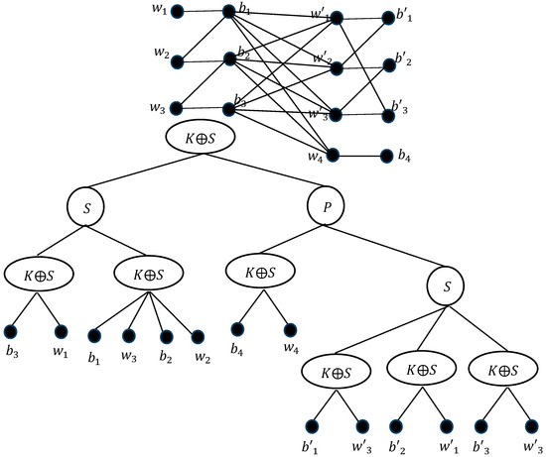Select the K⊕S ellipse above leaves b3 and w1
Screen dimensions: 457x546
pyautogui.click(x=37, y=274)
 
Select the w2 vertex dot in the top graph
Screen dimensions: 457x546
pyautogui.click(x=178, y=62)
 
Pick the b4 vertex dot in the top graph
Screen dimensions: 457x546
pyautogui.click(x=388, y=156)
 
